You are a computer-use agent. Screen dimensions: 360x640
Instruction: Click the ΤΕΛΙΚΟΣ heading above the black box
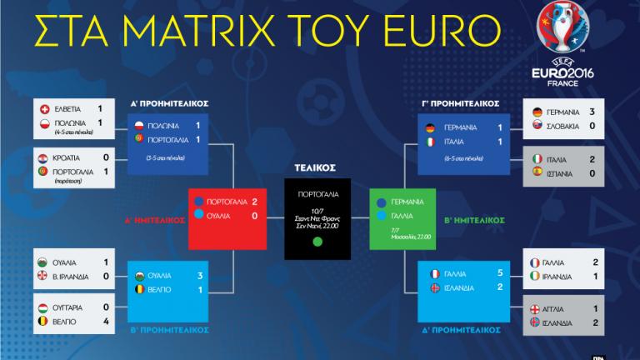pos(320,167)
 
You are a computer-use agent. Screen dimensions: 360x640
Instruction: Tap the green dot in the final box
pos(317,242)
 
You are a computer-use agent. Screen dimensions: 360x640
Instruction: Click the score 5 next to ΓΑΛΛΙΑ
pos(499,273)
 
